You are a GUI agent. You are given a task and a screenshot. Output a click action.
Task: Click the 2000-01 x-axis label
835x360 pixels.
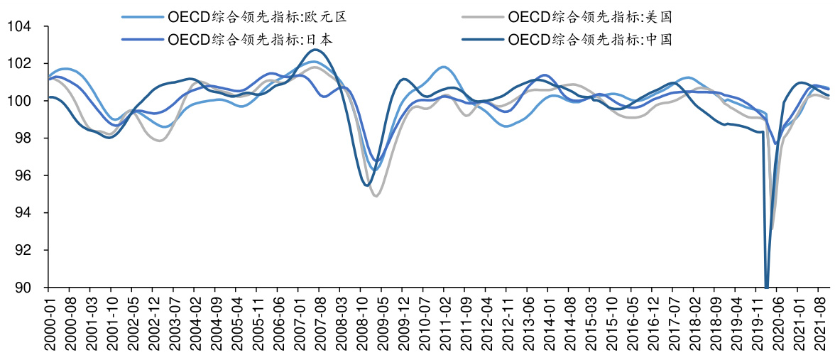[x=48, y=323]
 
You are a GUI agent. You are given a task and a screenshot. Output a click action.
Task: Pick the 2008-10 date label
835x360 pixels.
[x=360, y=323]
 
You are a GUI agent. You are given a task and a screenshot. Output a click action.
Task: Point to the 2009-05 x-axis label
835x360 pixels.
[x=381, y=323]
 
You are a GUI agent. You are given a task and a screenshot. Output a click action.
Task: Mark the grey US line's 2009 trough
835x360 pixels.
[x=376, y=195]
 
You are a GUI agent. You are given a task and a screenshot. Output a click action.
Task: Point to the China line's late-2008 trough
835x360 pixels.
[x=366, y=185]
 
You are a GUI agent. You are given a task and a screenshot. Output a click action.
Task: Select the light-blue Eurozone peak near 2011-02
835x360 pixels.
[x=444, y=67]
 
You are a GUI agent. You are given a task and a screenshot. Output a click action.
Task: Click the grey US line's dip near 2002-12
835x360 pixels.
[x=158, y=141]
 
